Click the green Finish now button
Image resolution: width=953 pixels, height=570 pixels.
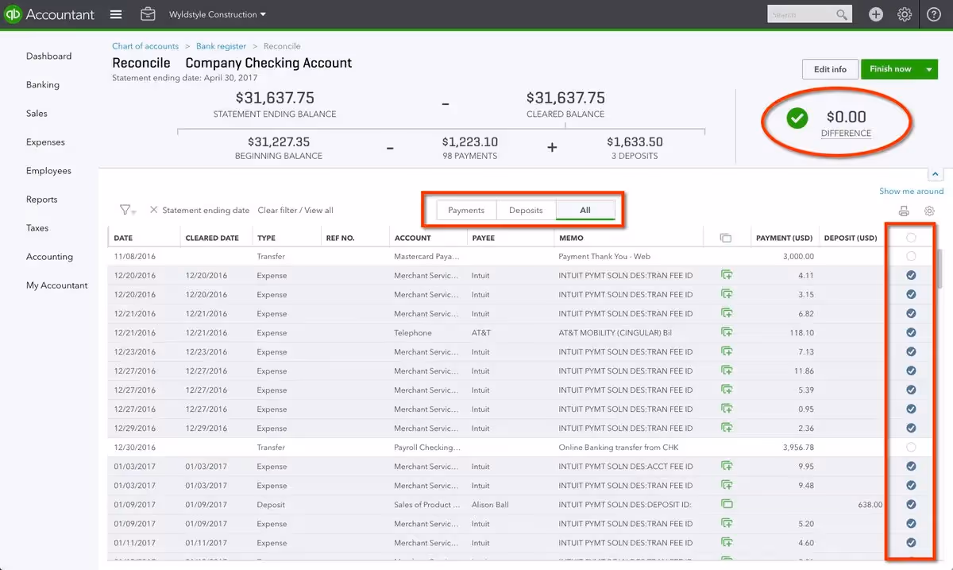[890, 69]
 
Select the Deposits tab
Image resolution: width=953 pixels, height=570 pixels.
[526, 210]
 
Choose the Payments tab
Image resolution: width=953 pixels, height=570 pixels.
[466, 210]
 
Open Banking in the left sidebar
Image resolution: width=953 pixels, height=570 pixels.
[43, 85]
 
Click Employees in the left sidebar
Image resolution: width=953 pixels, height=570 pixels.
[48, 171]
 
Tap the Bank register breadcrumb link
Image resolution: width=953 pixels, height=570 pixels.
[221, 46]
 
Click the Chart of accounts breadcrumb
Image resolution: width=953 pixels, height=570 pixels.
[145, 46]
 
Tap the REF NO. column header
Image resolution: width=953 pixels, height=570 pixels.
[340, 238]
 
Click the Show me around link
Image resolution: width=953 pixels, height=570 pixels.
[911, 191]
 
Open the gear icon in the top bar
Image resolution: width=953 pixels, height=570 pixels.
[905, 14]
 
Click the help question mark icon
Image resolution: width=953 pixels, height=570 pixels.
[934, 14]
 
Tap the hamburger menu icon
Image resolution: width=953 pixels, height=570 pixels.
[116, 14]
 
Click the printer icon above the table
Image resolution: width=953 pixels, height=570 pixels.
[904, 211]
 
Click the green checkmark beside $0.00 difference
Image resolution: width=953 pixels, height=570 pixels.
[797, 118]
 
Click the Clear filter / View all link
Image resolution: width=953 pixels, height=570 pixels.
[295, 211]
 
